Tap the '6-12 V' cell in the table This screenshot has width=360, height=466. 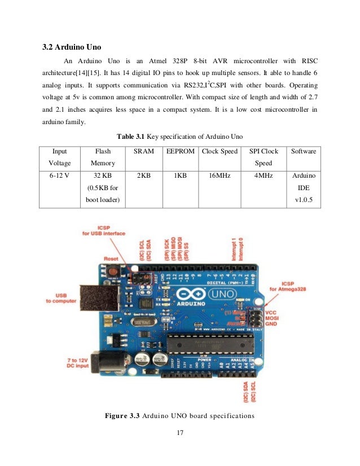click(59, 176)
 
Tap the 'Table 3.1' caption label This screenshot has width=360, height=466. click(131, 137)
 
